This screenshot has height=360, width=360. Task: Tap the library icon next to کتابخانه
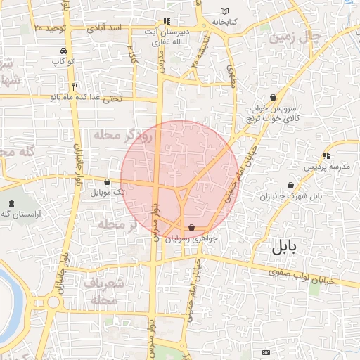tap(224, 12)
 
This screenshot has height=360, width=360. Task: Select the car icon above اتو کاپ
tap(64, 51)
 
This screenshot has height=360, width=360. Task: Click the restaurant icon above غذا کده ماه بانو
tap(74, 86)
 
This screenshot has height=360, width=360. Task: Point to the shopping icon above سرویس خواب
tap(273, 98)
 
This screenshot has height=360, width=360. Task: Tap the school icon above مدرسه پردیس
tap(326, 155)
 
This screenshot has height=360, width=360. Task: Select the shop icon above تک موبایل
tap(107, 181)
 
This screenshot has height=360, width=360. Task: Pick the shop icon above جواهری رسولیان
tap(191, 227)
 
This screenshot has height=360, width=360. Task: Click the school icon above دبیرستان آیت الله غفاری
tap(167, 21)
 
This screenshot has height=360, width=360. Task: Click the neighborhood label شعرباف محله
tap(107, 291)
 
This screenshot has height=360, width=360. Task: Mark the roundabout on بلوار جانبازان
tap(53, 303)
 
